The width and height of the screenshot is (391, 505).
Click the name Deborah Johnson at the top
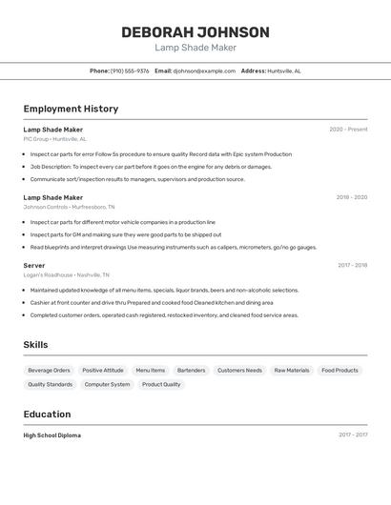pos(195,32)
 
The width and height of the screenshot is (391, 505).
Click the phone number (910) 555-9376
pos(130,71)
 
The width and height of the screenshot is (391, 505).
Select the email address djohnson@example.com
pos(204,71)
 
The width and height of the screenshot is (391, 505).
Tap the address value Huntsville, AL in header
pos(284,71)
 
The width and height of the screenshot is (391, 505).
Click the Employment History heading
pos(71,109)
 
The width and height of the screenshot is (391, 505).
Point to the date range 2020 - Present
pos(348,130)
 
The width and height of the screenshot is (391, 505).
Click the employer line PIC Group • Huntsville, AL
pos(54,139)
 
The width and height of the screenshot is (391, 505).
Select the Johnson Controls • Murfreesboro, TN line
pos(69,207)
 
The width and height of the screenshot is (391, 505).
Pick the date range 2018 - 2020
pos(351,197)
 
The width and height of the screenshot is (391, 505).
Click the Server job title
pos(34,265)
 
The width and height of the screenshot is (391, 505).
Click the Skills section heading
pos(35,345)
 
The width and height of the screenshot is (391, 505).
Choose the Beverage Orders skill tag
pos(49,370)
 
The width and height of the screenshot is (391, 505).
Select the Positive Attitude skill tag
pos(102,370)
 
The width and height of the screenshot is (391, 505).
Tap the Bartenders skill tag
pos(191,370)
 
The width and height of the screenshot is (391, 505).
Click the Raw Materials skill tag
pos(291,370)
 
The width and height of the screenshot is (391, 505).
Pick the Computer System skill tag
pos(107,384)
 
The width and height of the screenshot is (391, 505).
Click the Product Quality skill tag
pos(161,384)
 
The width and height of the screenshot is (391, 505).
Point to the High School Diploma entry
pos(52,435)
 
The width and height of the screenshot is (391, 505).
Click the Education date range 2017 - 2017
pos(352,435)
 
